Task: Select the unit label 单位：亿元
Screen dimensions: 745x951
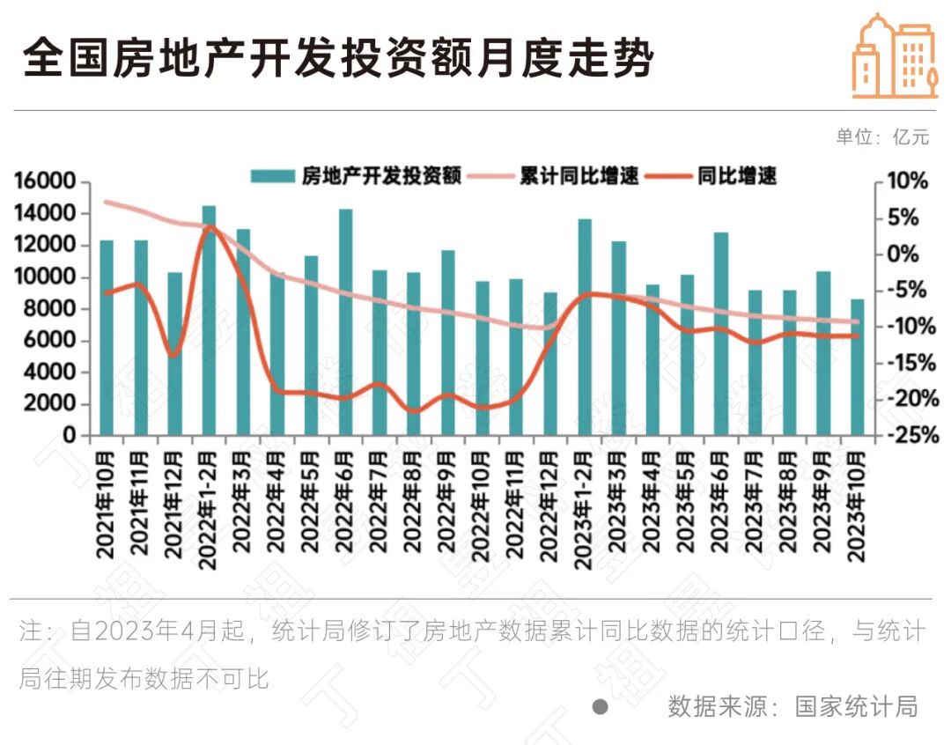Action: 882,137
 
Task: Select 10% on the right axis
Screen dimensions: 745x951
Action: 906,181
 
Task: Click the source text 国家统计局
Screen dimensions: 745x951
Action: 856,706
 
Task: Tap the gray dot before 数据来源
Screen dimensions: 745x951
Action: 601,707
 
